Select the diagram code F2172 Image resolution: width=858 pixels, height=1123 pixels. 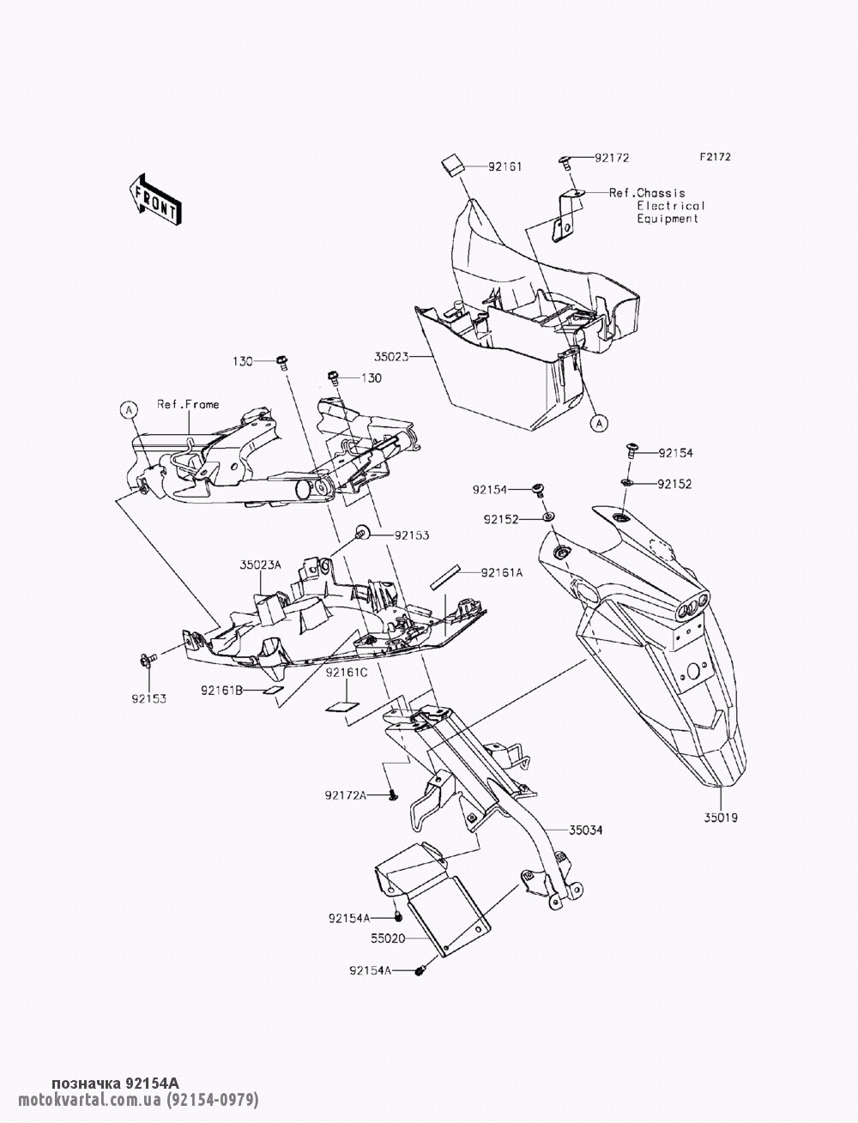[714, 158]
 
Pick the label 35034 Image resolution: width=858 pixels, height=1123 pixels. [585, 830]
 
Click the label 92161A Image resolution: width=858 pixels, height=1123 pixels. [501, 572]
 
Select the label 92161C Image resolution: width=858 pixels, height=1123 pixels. [347, 674]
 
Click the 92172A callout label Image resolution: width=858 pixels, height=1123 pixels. [346, 796]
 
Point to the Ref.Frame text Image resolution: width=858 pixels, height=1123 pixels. [187, 404]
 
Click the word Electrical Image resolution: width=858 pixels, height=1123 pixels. [671, 206]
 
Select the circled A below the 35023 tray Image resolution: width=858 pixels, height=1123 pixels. [598, 422]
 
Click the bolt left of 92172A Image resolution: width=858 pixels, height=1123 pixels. [392, 796]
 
